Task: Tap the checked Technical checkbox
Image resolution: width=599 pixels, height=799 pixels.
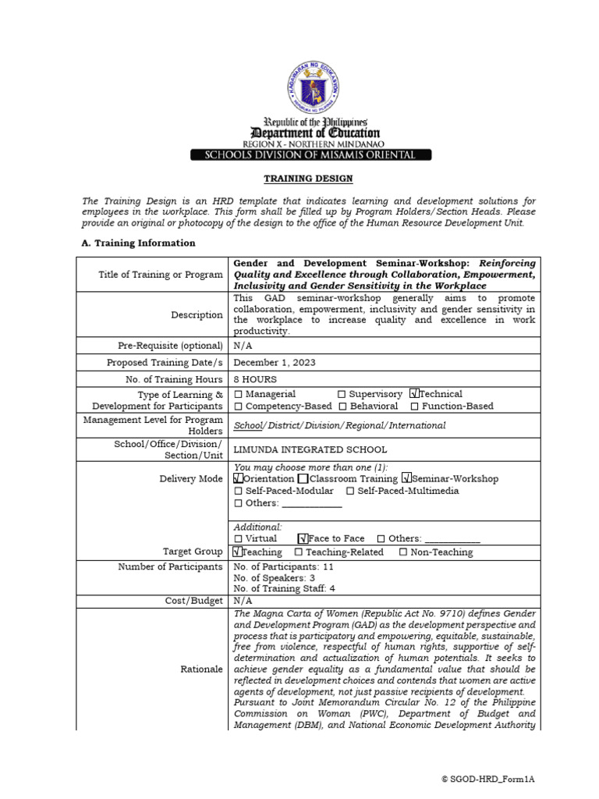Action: click(x=414, y=394)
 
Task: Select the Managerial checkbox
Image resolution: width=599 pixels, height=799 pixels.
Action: click(x=239, y=395)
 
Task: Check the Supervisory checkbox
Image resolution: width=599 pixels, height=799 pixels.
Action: click(x=342, y=395)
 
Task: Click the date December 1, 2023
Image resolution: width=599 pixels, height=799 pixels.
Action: click(x=275, y=363)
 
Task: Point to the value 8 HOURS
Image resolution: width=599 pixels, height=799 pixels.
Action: click(x=256, y=378)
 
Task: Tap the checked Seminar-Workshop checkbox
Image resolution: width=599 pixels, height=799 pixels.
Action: click(x=406, y=478)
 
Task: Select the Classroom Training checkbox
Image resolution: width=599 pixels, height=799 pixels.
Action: click(x=303, y=478)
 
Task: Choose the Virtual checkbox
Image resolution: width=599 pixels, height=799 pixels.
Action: click(x=239, y=539)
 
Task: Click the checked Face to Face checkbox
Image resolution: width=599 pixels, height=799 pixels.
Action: click(x=303, y=539)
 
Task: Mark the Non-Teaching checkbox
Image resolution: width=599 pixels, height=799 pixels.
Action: click(x=403, y=552)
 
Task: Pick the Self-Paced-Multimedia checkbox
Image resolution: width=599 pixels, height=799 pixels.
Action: click(x=351, y=491)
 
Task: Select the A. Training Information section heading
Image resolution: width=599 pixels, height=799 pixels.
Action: click(x=139, y=243)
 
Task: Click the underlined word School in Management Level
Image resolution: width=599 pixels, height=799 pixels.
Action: click(x=247, y=425)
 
